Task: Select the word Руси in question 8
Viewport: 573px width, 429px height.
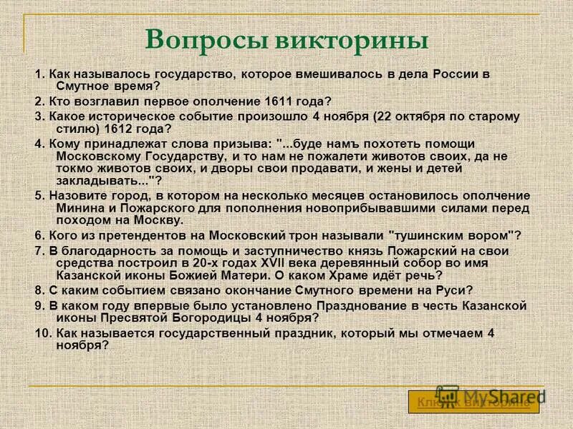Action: click(453, 290)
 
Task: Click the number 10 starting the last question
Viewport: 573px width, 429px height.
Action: click(41, 333)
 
